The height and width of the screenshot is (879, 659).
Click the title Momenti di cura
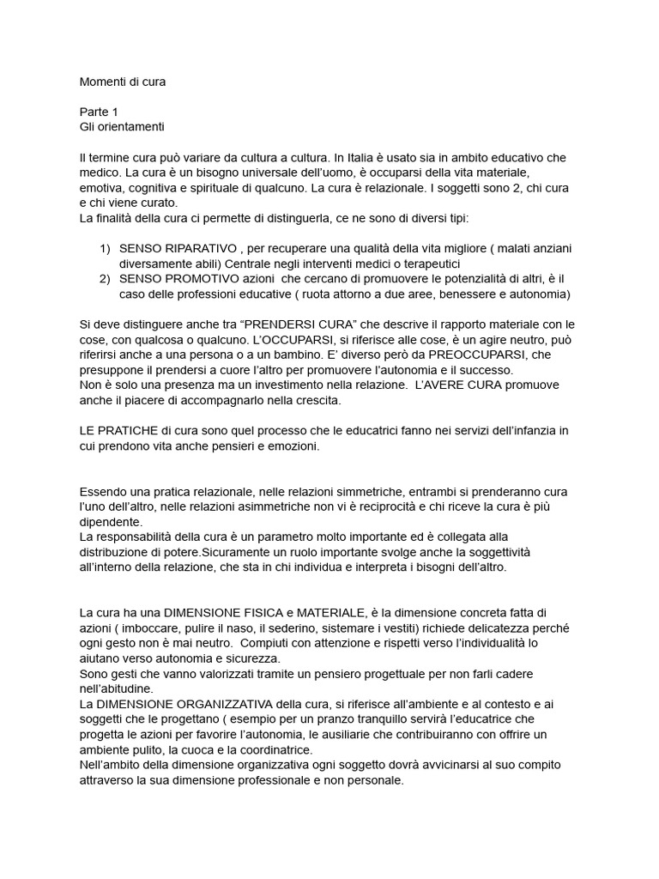[x=123, y=82]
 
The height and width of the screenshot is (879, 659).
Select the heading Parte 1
[x=99, y=112]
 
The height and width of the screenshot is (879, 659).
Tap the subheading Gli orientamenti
[x=122, y=127]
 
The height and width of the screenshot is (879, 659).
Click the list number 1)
[x=106, y=248]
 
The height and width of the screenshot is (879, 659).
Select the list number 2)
[x=106, y=279]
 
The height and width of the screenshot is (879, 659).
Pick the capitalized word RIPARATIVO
[x=192, y=248]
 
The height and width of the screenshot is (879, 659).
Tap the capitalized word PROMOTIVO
[x=195, y=279]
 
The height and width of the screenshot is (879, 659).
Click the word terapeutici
[x=426, y=264]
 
